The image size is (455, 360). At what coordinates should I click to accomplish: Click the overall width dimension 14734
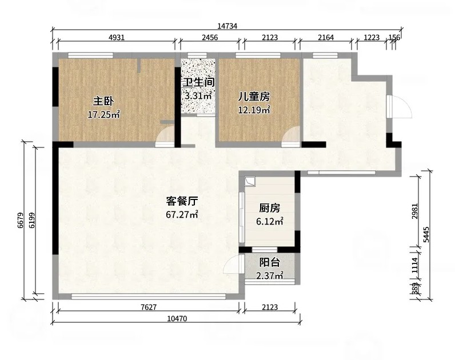coord(227,26)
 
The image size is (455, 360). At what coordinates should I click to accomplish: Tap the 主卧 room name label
coord(103,102)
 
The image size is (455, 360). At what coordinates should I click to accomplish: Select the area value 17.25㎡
coord(103,115)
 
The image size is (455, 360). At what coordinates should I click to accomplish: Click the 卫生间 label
coord(198,82)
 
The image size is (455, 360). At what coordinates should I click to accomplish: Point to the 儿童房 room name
coord(254,97)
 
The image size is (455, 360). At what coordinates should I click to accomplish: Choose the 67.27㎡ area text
coord(182,214)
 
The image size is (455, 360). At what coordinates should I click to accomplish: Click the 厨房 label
coord(270,208)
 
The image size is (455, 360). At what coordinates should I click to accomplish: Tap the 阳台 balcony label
coord(270,262)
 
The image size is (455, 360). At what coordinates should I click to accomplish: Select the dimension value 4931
coord(116,37)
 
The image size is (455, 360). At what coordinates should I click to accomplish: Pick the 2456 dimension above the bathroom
coord(210,37)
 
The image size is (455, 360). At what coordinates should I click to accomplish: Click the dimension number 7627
coord(149,307)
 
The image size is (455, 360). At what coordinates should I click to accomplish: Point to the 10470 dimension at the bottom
coord(177,318)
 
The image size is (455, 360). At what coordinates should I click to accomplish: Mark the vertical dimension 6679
coord(20,220)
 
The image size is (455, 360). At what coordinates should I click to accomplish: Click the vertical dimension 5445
coord(426,234)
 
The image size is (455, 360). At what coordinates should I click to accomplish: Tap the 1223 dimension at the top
coord(372,37)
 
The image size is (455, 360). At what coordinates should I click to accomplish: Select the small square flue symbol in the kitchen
coord(250,182)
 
